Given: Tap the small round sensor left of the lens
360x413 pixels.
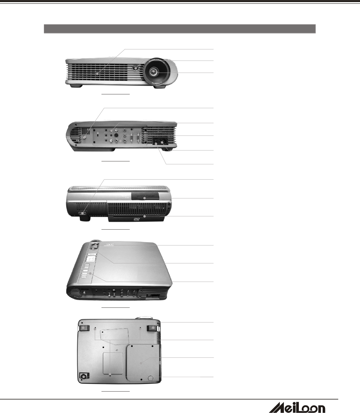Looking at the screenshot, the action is [136, 67].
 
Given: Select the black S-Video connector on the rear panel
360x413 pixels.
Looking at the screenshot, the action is [116, 135].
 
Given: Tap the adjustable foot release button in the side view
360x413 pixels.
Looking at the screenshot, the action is [83, 214].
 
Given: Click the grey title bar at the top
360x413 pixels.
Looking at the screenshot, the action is [179, 29].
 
